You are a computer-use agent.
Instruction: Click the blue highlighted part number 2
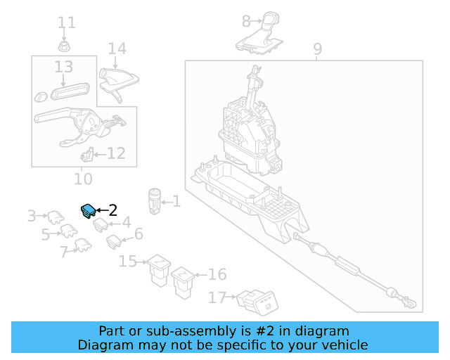click(x=88, y=211)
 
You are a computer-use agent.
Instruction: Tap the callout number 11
click(x=67, y=22)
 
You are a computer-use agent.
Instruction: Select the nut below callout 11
click(x=64, y=46)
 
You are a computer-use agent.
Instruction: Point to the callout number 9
click(x=317, y=49)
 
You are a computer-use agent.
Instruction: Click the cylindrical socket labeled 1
click(x=155, y=201)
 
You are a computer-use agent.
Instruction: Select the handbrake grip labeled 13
click(x=70, y=91)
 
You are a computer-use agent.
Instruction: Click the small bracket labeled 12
click(x=87, y=154)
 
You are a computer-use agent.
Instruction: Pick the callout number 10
click(x=83, y=179)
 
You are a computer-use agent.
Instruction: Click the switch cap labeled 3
click(x=56, y=217)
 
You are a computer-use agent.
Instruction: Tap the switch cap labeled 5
click(x=69, y=231)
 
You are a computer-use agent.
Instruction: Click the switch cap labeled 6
click(x=114, y=241)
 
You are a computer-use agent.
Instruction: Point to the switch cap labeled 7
click(x=83, y=245)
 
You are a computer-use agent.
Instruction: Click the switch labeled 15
click(x=159, y=270)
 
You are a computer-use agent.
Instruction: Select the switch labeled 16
click(x=183, y=283)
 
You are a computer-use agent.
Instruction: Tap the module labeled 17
click(x=257, y=302)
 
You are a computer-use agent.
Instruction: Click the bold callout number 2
click(x=113, y=210)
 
